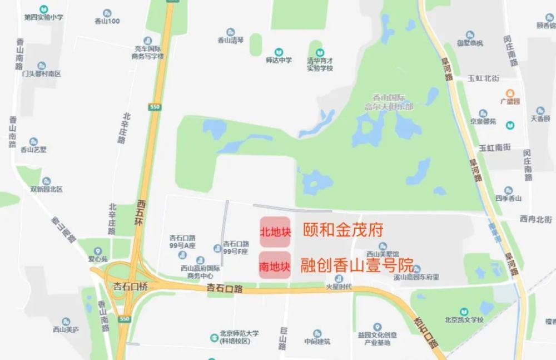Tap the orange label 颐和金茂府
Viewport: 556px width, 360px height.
(x=343, y=230)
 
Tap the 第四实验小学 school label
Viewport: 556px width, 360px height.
(x=43, y=17)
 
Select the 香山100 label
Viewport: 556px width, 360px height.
(x=107, y=21)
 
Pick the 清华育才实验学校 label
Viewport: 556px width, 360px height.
(x=320, y=65)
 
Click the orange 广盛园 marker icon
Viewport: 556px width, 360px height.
(x=509, y=93)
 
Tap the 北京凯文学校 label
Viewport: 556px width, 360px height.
(x=464, y=320)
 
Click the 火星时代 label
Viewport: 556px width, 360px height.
(x=339, y=287)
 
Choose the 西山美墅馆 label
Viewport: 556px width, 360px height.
(x=374, y=253)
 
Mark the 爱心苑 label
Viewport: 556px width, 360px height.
(x=98, y=259)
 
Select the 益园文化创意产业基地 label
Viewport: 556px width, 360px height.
(x=377, y=338)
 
